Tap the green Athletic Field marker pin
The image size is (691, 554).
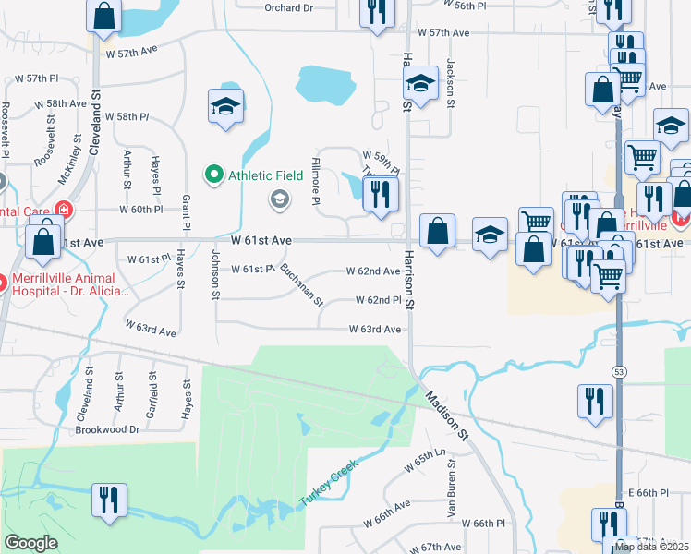pyautogui.click(x=214, y=174)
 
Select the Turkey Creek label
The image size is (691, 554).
pyautogui.click(x=326, y=486)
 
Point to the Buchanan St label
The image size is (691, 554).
pyautogui.click(x=302, y=286)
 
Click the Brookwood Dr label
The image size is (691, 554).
pyautogui.click(x=108, y=429)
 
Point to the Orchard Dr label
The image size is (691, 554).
pyautogui.click(x=289, y=7)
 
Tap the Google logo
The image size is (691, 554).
pyautogui.click(x=30, y=543)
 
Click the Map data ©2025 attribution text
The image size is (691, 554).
pyautogui.click(x=652, y=547)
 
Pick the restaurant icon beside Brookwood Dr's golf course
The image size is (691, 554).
pyautogui.click(x=109, y=500)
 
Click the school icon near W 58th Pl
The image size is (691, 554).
pyautogui.click(x=225, y=106)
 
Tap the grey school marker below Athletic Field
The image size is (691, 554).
pyautogui.click(x=278, y=199)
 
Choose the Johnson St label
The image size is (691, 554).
pyautogui.click(x=216, y=274)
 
